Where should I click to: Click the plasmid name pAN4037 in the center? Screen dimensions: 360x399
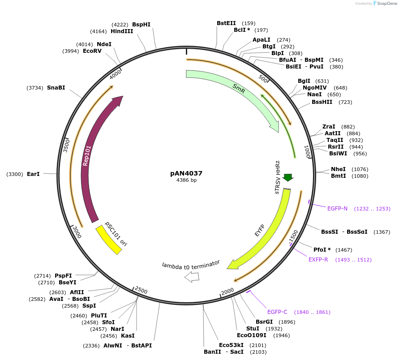click(186, 173)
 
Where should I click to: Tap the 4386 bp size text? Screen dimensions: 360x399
click(186, 180)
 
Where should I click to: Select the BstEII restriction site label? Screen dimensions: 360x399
click(226, 23)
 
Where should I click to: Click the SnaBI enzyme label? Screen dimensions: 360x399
click(56, 88)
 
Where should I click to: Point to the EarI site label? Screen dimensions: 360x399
click(33, 174)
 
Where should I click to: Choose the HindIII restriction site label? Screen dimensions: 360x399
click(122, 31)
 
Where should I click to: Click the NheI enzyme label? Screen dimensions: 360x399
click(338, 169)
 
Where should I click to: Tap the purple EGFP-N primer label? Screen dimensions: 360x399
click(337, 209)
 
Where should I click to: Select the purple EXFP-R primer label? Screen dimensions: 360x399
click(318, 260)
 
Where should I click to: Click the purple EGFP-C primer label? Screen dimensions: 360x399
click(277, 312)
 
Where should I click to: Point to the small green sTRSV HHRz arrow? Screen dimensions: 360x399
click(288, 177)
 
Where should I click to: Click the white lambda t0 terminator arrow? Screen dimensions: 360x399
click(192, 277)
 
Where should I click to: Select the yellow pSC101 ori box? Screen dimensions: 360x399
click(109, 240)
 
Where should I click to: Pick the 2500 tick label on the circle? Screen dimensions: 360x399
click(141, 291)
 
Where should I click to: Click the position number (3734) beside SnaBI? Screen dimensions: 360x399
click(35, 88)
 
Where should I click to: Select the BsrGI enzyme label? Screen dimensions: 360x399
click(264, 322)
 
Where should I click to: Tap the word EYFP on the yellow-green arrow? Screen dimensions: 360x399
click(260, 230)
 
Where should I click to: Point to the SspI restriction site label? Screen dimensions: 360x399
click(89, 306)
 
